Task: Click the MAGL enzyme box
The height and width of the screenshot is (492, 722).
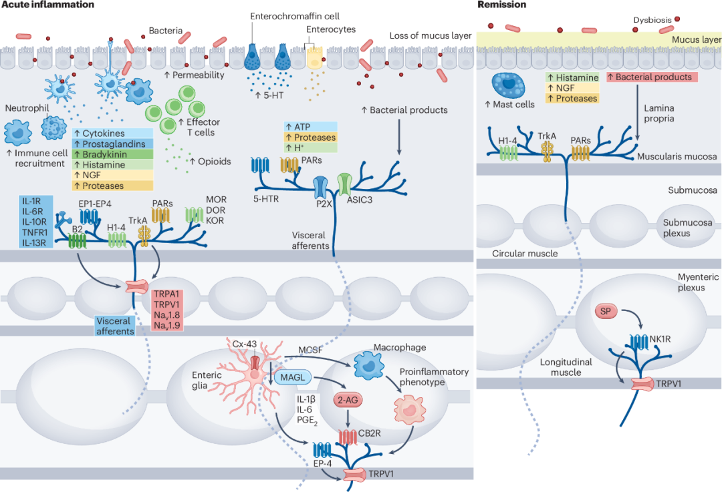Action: (293, 377)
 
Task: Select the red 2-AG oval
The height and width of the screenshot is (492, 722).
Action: (348, 400)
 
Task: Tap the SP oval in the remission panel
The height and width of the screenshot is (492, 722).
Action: (606, 311)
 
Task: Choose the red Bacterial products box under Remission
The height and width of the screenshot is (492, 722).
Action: (652, 77)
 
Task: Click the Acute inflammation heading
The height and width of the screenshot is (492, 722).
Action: (47, 5)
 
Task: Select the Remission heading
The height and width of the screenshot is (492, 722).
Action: (501, 5)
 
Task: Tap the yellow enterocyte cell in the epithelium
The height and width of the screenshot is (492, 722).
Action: (315, 57)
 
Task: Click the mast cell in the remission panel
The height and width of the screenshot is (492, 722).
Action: (508, 85)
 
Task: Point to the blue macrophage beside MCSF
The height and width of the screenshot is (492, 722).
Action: (368, 366)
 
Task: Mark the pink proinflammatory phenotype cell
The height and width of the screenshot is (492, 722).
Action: (409, 409)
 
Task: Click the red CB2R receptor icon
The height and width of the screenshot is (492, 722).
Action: (348, 437)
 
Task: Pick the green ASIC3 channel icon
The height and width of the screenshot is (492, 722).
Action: (344, 184)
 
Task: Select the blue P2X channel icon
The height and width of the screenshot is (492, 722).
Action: (320, 187)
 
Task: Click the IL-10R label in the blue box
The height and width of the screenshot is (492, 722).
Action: (35, 222)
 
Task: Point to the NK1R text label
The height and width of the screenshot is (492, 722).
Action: (660, 339)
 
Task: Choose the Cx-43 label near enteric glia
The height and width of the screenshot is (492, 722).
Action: (245, 344)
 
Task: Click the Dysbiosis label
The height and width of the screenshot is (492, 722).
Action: (652, 20)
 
